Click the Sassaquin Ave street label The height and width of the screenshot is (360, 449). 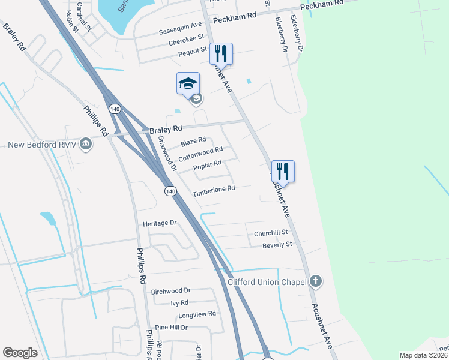click(181, 25)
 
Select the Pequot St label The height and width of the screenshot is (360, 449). click(192, 52)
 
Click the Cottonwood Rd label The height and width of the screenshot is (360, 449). click(200, 152)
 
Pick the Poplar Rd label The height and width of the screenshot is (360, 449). click(207, 163)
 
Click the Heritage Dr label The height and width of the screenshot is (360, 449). click(160, 223)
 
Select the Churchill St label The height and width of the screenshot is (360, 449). click(271, 232)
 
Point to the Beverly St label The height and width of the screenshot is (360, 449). click(277, 245)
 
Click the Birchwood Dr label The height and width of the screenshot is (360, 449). click(170, 291)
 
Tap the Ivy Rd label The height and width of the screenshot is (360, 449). click(179, 303)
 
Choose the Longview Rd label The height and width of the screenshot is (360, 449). click(196, 314)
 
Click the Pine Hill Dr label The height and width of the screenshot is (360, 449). click(172, 328)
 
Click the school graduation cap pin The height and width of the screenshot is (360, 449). click(188, 83)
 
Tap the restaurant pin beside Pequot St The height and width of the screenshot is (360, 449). click(221, 53)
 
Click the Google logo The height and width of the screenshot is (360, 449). click(20, 353)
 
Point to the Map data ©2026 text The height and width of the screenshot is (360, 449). click(423, 355)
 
